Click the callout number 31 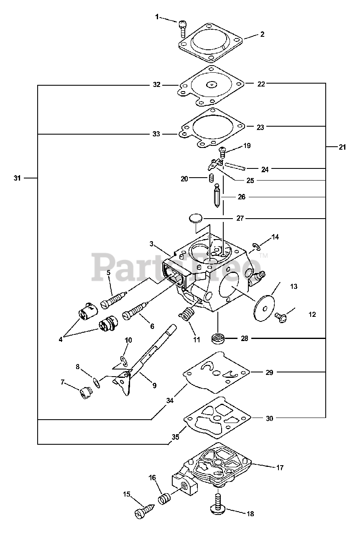pyautogui.click(x=17, y=178)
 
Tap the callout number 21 pyautogui.click(x=342, y=147)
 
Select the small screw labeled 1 pyautogui.click(x=182, y=28)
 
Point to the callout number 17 pyautogui.click(x=280, y=468)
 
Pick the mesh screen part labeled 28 pyautogui.click(x=218, y=338)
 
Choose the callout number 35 pyautogui.click(x=175, y=437)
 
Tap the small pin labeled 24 pyautogui.click(x=235, y=166)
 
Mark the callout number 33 pyautogui.click(x=156, y=134)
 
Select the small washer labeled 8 pyautogui.click(x=97, y=382)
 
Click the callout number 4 pyautogui.click(x=61, y=339)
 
